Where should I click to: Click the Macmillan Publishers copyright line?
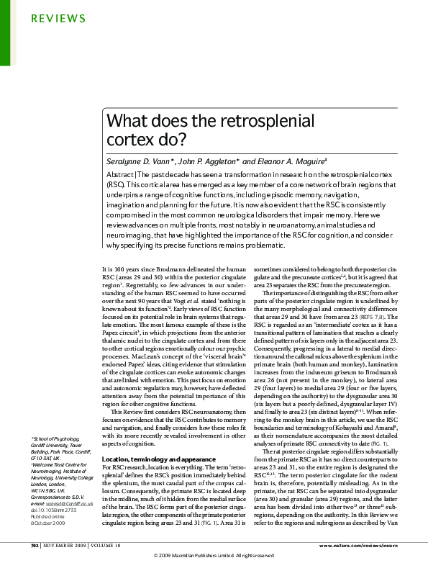(214, 556)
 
